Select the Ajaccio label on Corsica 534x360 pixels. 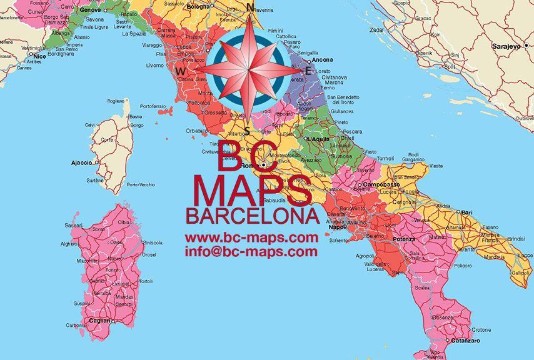coord(81,162)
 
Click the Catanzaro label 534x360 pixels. coord(467,341)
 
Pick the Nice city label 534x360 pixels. coord(40,56)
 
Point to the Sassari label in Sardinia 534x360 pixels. coord(74,225)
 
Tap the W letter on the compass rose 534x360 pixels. coord(181,72)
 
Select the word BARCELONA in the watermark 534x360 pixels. coord(253,216)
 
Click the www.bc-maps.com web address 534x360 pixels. coord(251,237)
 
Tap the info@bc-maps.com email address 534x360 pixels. coord(251,252)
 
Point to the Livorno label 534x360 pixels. coord(155,65)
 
